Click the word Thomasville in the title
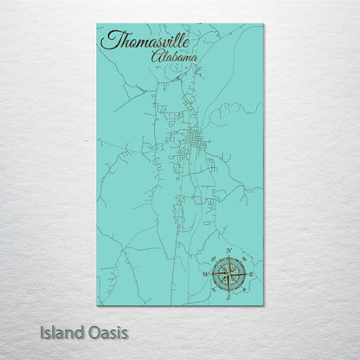click(146, 40)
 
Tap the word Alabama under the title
click(173, 56)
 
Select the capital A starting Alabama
click(157, 56)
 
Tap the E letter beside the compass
click(251, 273)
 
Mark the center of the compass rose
click(228, 273)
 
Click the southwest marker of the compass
click(213, 288)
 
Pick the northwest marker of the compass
click(213, 259)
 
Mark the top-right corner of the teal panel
click(263, 24)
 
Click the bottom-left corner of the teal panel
click(97, 305)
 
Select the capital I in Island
click(42, 331)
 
